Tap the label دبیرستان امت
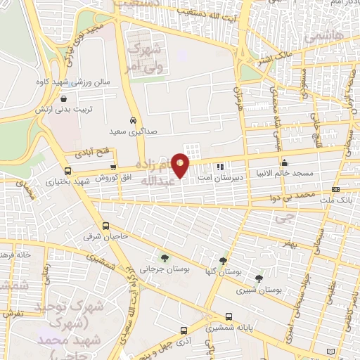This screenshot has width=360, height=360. coord(220,178)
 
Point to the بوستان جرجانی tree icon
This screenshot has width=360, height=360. coord(165,258)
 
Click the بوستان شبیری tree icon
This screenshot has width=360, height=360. coord(259,279)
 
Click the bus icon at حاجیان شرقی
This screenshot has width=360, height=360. coord(105,226)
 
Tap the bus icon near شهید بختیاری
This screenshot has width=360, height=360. coord(67,171)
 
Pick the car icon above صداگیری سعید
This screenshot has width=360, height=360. coord(133,120)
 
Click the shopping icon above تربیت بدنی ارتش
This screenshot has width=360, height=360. coord(65,99)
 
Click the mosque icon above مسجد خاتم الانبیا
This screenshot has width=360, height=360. coord(304,163)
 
